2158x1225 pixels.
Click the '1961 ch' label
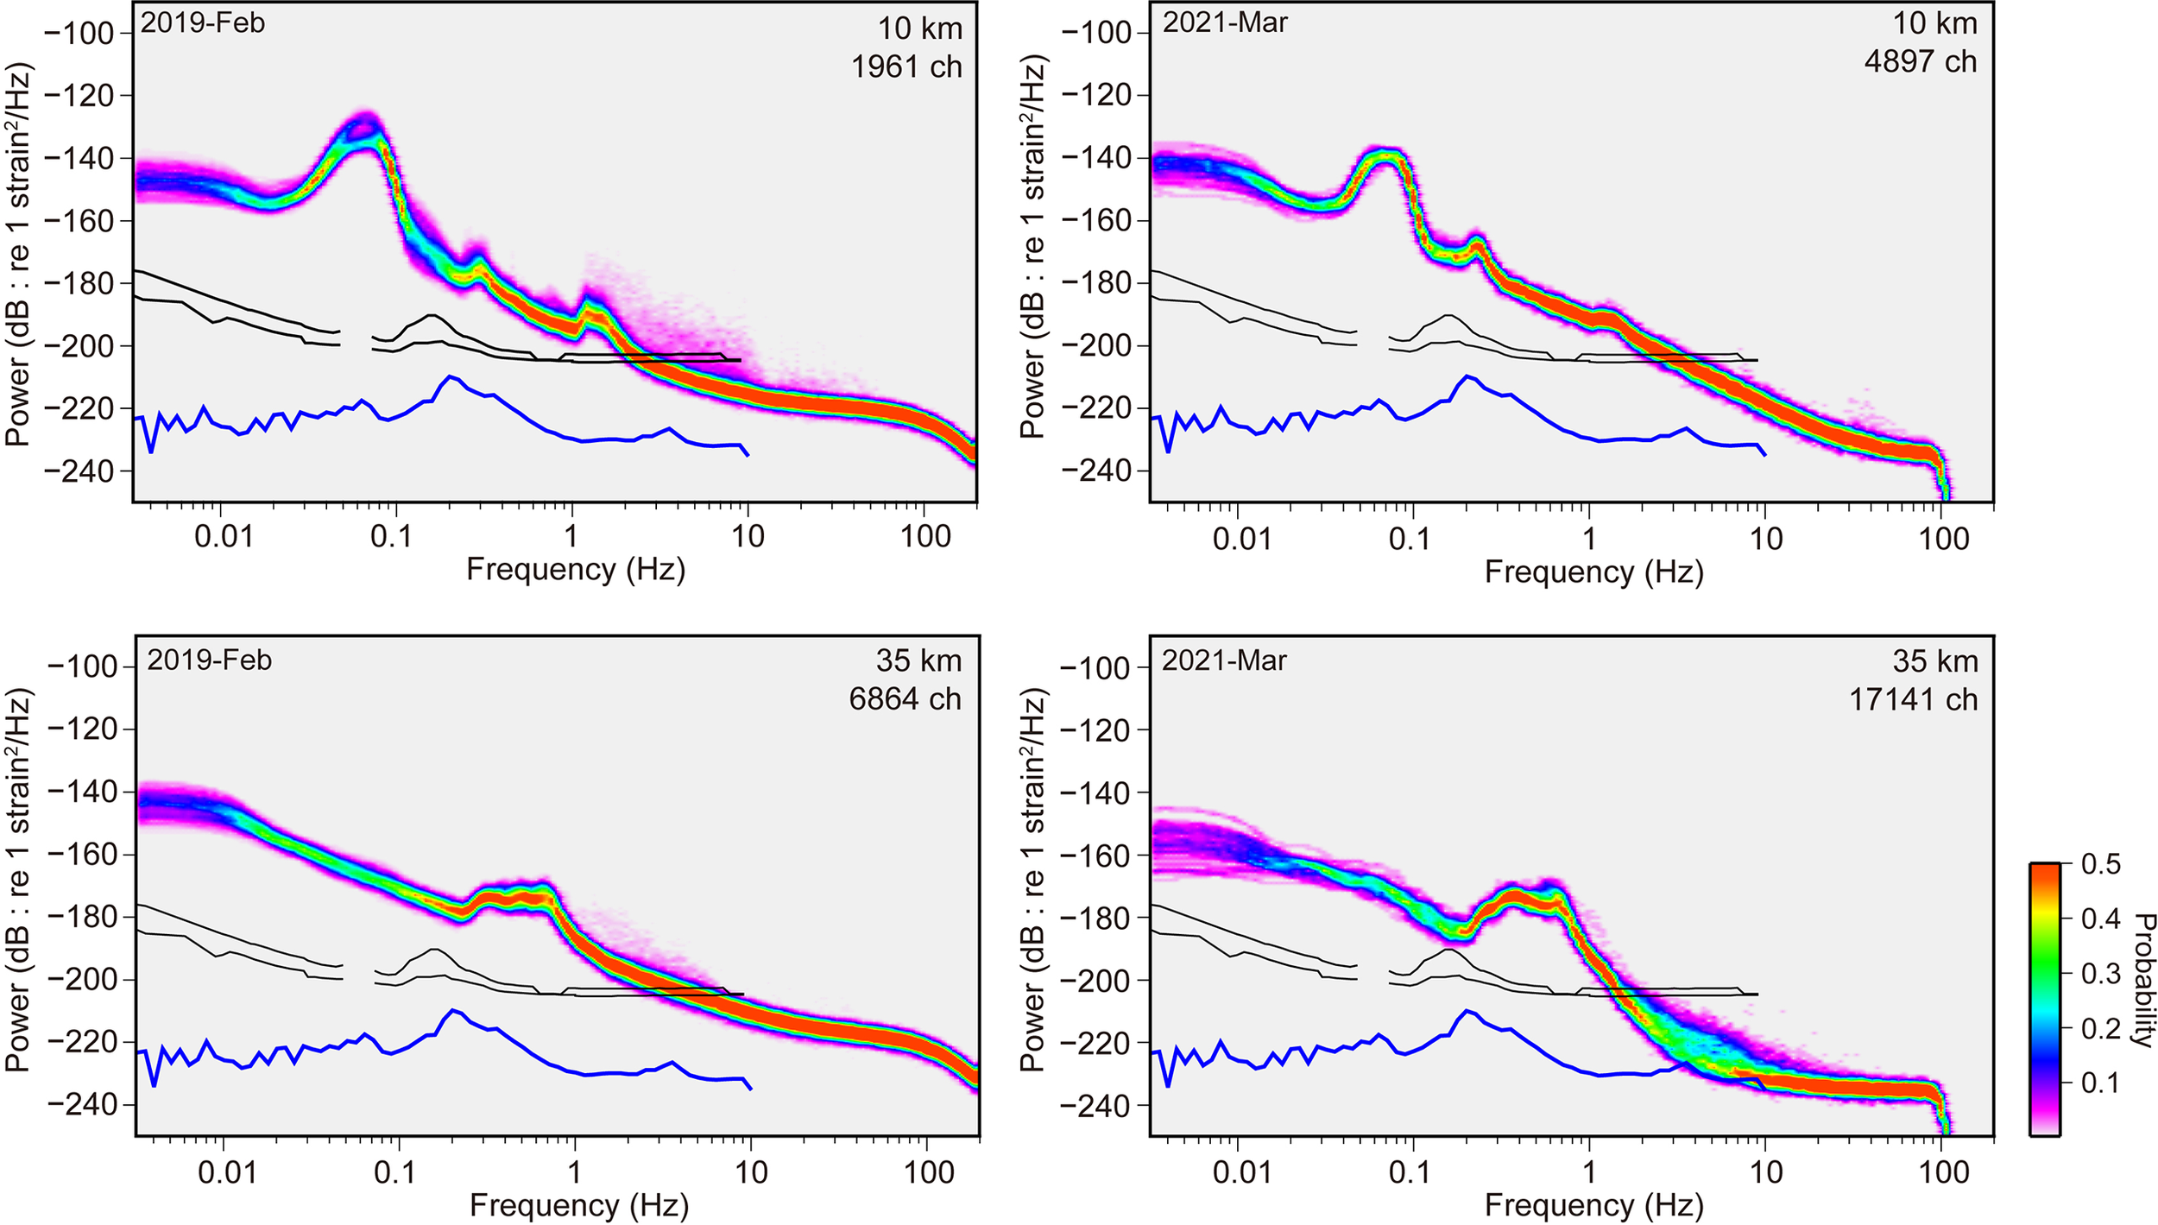click(x=906, y=66)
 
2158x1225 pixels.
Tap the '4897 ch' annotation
click(x=1920, y=62)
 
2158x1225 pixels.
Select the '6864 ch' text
click(x=905, y=698)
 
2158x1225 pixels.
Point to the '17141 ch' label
click(x=1913, y=699)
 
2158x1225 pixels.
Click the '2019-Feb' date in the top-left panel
click(x=203, y=22)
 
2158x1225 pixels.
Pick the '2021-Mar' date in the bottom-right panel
click(x=1223, y=660)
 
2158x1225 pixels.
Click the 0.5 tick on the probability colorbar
click(x=2100, y=864)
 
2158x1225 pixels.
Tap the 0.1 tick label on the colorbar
click(x=2100, y=1083)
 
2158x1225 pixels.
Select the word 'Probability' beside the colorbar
click(x=2142, y=980)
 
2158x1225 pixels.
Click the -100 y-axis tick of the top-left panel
click(x=79, y=34)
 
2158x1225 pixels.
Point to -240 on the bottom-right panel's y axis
click(x=1095, y=1106)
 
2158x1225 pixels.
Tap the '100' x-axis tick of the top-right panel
click(x=1943, y=539)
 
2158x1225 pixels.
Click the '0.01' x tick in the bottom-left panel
click(x=227, y=1171)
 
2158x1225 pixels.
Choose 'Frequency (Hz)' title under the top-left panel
click(x=576, y=570)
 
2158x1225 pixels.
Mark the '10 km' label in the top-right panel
click(x=1934, y=23)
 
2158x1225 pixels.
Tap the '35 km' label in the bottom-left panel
click(x=918, y=660)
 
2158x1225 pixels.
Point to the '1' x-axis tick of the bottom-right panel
click(x=1588, y=1171)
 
